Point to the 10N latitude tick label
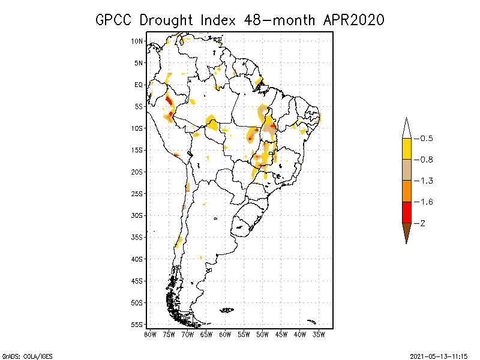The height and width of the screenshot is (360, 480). tap(137, 41)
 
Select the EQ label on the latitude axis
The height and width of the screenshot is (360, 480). tap(139, 85)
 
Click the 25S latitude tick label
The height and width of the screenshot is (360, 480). tap(137, 194)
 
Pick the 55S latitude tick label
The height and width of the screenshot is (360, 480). tap(137, 325)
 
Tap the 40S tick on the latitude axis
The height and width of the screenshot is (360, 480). tap(137, 259)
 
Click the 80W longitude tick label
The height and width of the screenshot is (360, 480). tap(150, 334)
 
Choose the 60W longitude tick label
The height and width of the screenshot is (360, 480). tap(226, 334)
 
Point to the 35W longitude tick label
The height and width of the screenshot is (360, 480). tap(319, 334)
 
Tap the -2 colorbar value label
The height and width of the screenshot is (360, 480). tap(422, 223)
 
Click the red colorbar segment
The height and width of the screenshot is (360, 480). tap(406, 212)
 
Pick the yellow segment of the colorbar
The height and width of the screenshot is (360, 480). tap(406, 149)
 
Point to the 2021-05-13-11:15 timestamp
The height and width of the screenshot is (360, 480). tap(439, 355)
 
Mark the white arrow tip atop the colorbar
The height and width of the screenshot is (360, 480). tap(406, 128)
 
